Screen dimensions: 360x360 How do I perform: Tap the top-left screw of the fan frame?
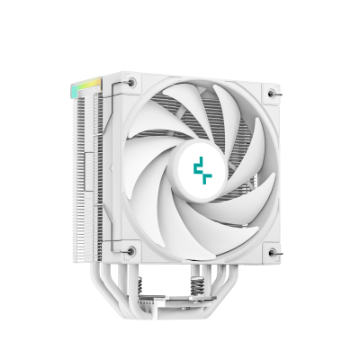pyautogui.click(x=131, y=83)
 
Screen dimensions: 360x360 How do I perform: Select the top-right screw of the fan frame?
pyautogui.click(x=272, y=92)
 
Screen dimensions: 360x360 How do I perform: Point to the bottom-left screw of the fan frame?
pyautogui.click(x=131, y=250)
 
